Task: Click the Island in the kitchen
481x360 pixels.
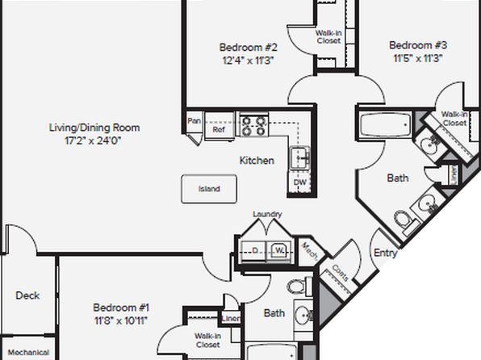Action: tap(209, 189)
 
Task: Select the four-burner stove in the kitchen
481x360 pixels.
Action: tap(253, 126)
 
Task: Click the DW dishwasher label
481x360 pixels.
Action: tap(299, 182)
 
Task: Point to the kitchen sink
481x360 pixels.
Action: tap(300, 157)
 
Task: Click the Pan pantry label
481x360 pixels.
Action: tap(194, 121)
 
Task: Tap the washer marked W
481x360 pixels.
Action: tap(279, 251)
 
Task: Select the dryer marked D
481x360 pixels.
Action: tap(253, 251)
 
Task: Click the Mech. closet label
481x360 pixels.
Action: tap(310, 252)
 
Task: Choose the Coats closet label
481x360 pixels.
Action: tap(341, 273)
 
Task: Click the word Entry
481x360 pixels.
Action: tap(386, 253)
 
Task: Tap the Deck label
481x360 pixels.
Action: tap(27, 295)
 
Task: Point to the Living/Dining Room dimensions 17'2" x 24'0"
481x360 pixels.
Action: tap(93, 141)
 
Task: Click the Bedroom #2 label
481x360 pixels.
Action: tap(249, 48)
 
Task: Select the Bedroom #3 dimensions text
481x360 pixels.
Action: tap(418, 58)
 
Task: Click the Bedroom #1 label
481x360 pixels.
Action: tap(121, 308)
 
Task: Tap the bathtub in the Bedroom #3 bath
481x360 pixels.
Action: tap(385, 125)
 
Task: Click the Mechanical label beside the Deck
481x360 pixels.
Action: tap(28, 352)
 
